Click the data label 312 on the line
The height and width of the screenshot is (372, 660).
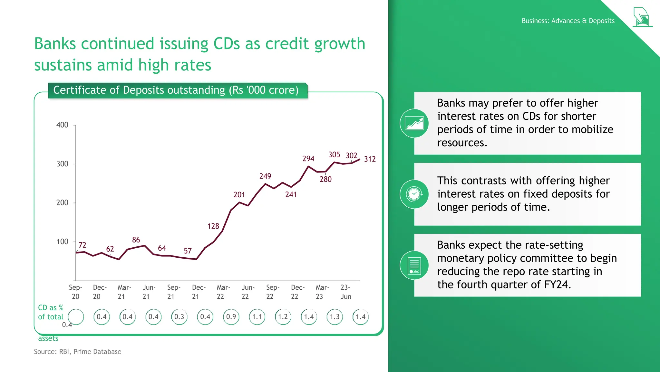point(370,159)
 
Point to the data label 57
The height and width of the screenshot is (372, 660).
point(188,251)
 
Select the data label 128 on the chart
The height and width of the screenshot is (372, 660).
point(213,226)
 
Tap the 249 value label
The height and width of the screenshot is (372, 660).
point(265,176)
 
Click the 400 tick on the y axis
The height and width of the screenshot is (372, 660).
point(62,125)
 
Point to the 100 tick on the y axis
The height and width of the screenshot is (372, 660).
point(62,242)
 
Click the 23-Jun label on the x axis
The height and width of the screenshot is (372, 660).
point(345,292)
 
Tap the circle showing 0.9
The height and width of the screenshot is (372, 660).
point(231,317)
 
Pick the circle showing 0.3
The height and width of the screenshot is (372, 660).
point(179,317)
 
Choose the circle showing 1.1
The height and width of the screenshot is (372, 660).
point(257,317)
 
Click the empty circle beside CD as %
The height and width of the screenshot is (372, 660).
point(76,317)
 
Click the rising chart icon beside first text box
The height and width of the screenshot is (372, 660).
point(414,123)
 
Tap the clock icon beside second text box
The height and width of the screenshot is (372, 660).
point(414,194)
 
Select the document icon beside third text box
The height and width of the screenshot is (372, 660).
point(414,265)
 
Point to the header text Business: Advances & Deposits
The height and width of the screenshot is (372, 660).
point(568,21)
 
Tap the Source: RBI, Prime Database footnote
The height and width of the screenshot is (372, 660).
point(78,352)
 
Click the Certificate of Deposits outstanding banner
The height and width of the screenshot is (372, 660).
point(176,90)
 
